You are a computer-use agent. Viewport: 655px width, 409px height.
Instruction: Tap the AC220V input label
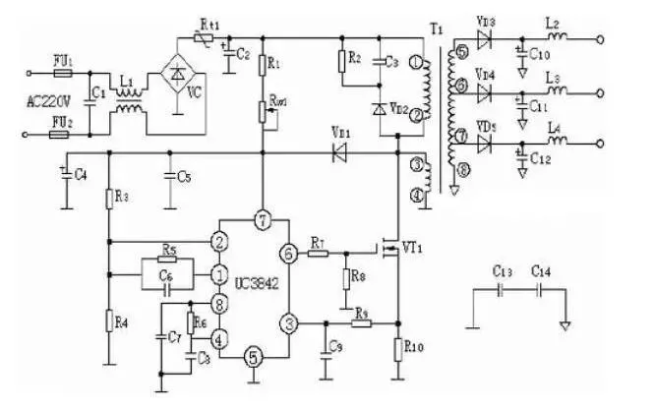point(46,100)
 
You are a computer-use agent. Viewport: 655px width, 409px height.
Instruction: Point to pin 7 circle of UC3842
point(262,217)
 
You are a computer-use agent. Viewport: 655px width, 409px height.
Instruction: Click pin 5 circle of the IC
point(253,356)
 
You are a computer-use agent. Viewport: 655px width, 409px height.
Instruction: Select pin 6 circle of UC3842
point(288,254)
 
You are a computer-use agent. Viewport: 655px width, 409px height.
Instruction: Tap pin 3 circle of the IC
point(288,321)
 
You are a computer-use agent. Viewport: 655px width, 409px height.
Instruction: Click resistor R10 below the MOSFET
point(398,349)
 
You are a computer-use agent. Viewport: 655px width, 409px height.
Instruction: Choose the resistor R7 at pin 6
point(318,254)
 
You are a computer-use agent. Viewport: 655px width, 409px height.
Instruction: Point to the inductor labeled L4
point(556,144)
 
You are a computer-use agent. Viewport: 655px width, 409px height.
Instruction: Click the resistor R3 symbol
point(109,198)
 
